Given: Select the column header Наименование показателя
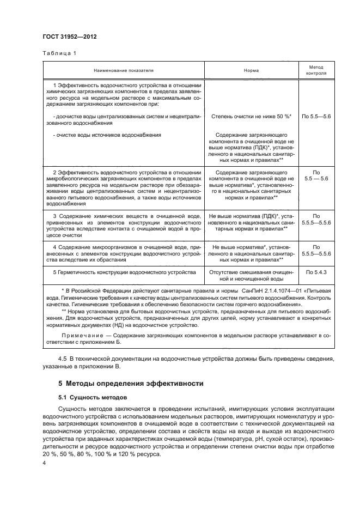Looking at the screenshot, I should click(123, 70).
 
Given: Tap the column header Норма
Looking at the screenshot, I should click(251, 70).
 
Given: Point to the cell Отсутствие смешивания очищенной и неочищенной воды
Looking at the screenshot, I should click(251, 275).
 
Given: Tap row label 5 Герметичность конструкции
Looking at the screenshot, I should click(124, 271).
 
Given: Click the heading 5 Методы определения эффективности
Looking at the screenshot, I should click(131, 384).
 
